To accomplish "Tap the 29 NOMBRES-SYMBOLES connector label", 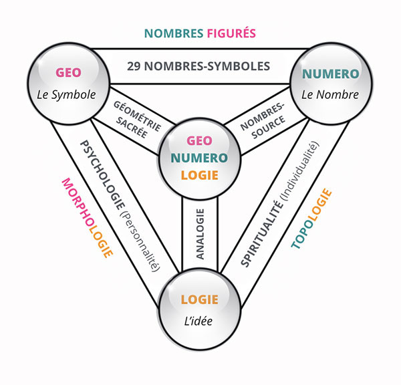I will (x=198, y=66).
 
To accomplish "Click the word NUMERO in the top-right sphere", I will (x=329, y=74).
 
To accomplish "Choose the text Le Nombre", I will (x=329, y=94).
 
